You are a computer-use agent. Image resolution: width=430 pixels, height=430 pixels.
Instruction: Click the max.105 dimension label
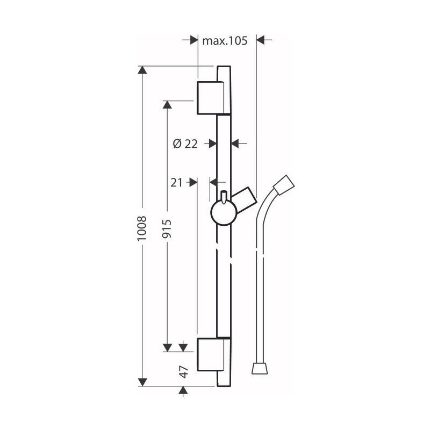coord(224,41)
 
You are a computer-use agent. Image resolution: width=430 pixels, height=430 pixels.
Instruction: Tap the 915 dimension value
coord(167,229)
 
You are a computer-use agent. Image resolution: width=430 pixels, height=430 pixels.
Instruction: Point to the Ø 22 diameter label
coord(185,144)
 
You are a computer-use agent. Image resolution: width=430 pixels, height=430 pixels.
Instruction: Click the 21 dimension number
coord(176,183)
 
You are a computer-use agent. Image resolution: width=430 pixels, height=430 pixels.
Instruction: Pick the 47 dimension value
coord(183,371)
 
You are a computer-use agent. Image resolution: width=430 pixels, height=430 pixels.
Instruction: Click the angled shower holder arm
coord(245,199)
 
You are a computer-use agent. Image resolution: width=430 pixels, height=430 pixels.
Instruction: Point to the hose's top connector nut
coord(284,185)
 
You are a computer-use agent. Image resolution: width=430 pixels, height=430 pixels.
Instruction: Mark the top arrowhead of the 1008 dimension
coord(142,71)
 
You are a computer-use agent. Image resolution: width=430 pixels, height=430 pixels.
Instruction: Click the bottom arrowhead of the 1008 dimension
coord(142,382)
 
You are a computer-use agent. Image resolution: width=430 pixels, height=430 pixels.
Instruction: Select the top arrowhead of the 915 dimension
coord(167,105)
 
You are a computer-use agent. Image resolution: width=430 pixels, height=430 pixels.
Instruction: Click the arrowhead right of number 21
coord(192,183)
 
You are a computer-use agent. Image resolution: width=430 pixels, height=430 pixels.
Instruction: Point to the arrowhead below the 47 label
coord(183,391)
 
